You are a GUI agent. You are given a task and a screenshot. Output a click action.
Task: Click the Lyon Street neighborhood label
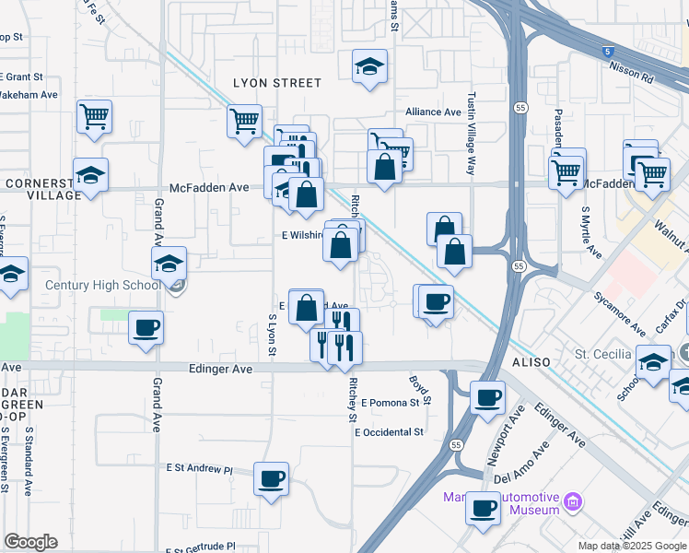pyautogui.click(x=276, y=83)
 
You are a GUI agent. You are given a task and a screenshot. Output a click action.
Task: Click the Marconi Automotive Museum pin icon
pyautogui.click(x=573, y=502)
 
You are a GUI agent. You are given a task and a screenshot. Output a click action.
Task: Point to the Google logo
pyautogui.click(x=31, y=542)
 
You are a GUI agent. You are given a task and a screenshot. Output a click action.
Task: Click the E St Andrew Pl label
pyautogui.click(x=199, y=469)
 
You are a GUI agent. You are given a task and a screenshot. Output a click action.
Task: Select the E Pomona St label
pyautogui.click(x=396, y=403)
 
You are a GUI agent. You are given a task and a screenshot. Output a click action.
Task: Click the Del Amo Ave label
pyautogui.click(x=520, y=464)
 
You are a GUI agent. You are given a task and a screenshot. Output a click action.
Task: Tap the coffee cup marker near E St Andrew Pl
pyautogui.click(x=271, y=479)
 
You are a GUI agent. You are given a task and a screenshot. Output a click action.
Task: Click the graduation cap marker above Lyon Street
pyautogui.click(x=369, y=66)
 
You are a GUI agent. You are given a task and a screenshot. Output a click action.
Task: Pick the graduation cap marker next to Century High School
pyautogui.click(x=169, y=265)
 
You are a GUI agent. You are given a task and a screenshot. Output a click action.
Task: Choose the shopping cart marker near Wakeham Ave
pyautogui.click(x=94, y=117)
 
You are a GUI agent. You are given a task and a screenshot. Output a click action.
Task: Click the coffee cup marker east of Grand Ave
pyautogui.click(x=146, y=327)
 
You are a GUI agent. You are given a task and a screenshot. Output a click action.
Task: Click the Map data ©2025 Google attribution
pyautogui.click(x=632, y=546)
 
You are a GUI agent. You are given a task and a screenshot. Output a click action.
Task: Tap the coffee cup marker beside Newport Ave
pyautogui.click(x=487, y=397)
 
